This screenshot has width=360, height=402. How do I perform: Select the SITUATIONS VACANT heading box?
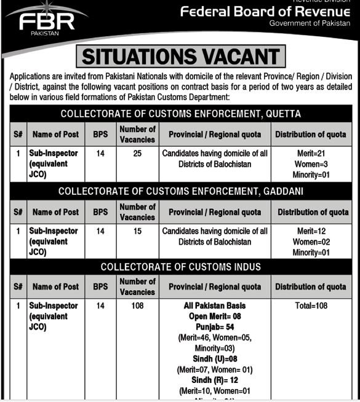(180, 57)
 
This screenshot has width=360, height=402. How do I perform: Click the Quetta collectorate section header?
(180, 114)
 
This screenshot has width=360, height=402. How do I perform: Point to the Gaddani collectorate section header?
(180, 191)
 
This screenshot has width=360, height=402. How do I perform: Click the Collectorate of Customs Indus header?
(180, 267)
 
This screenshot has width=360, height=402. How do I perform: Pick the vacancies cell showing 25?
(137, 153)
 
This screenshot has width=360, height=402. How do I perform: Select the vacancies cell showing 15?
(137, 231)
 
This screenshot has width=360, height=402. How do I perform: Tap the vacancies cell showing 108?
(137, 305)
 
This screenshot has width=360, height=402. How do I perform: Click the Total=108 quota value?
(310, 305)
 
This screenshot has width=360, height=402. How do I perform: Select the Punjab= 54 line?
(215, 327)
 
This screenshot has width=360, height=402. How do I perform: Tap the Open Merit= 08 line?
(215, 316)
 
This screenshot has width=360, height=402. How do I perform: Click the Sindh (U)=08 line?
(215, 358)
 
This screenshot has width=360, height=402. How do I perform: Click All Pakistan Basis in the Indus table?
(215, 305)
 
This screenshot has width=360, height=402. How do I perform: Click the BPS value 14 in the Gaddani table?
(100, 231)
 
